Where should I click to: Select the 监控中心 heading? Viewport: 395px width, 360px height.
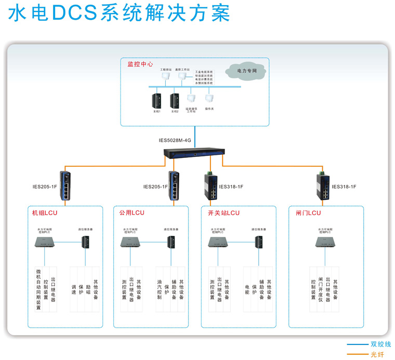click(140, 64)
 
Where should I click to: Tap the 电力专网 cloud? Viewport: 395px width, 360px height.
click(247, 70)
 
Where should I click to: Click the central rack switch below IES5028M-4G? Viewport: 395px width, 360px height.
click(194, 153)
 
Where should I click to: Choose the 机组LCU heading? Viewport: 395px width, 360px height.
click(44, 213)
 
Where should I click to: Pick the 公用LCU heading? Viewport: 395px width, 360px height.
click(131, 213)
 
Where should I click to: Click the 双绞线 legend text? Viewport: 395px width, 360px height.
click(380, 344)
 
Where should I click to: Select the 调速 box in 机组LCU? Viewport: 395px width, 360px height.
click(73, 289)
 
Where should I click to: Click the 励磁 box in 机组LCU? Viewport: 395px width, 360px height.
click(88, 289)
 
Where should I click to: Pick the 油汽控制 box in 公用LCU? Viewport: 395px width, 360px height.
click(160, 289)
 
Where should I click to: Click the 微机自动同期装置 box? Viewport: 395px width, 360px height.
click(38, 289)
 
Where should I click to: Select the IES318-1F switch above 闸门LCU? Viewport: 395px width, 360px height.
click(322, 186)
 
